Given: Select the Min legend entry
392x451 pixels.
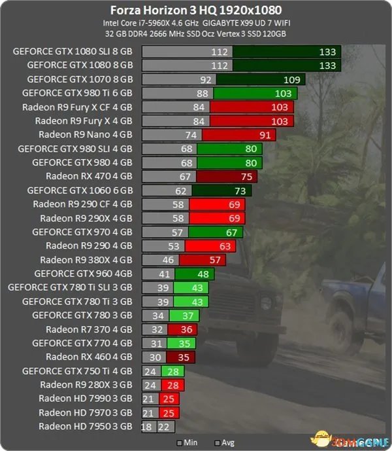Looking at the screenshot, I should pyautogui.click(x=189, y=442).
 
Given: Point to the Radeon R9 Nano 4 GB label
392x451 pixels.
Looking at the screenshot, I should pyautogui.click(x=85, y=134).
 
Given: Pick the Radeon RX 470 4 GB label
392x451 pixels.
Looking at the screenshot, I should pyautogui.click(x=89, y=176).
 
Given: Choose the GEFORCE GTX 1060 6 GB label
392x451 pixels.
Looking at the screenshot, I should pyautogui.click(x=80, y=190).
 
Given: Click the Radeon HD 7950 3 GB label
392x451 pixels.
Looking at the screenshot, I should pyautogui.click(x=85, y=426).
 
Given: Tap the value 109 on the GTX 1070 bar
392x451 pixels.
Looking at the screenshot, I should pyautogui.click(x=291, y=79).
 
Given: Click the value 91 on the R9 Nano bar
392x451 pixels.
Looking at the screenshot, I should pyautogui.click(x=265, y=134).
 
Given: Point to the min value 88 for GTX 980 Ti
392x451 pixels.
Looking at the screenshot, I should pyautogui.click(x=201, y=93).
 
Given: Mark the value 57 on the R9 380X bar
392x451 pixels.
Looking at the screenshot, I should pyautogui.click(x=216, y=259).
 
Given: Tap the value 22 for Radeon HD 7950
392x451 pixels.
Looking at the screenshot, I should pyautogui.click(x=163, y=426).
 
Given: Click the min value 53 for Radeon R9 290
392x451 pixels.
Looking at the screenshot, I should pyautogui.click(x=173, y=245).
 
